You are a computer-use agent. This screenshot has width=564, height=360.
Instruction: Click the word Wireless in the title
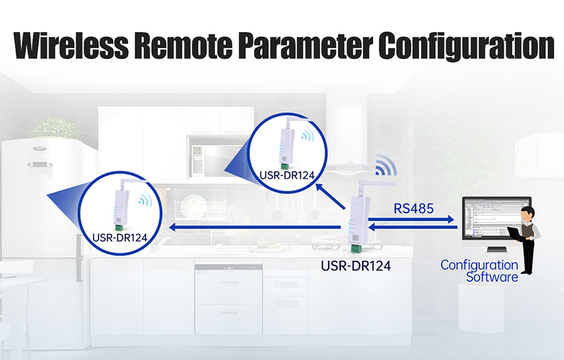(x=71, y=46)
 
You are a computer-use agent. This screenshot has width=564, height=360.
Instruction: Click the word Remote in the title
(x=184, y=46)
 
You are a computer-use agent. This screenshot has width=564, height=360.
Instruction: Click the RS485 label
(x=414, y=208)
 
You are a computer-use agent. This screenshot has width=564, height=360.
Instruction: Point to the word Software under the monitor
(x=492, y=277)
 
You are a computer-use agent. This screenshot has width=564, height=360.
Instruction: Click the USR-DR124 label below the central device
(x=356, y=266)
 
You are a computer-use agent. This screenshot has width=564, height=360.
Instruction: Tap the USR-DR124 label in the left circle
(x=120, y=238)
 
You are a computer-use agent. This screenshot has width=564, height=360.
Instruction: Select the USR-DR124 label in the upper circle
(x=287, y=176)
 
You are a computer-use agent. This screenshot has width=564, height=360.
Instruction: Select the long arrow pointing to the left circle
(x=255, y=227)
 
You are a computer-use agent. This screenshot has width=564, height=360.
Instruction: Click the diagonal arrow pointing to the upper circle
(x=330, y=196)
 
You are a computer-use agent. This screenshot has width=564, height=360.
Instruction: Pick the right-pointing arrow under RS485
(x=411, y=219)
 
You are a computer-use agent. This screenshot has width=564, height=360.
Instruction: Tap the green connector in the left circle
(x=119, y=228)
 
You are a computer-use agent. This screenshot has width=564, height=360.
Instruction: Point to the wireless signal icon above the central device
(x=385, y=165)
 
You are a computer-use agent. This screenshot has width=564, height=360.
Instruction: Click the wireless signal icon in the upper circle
(x=308, y=134)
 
